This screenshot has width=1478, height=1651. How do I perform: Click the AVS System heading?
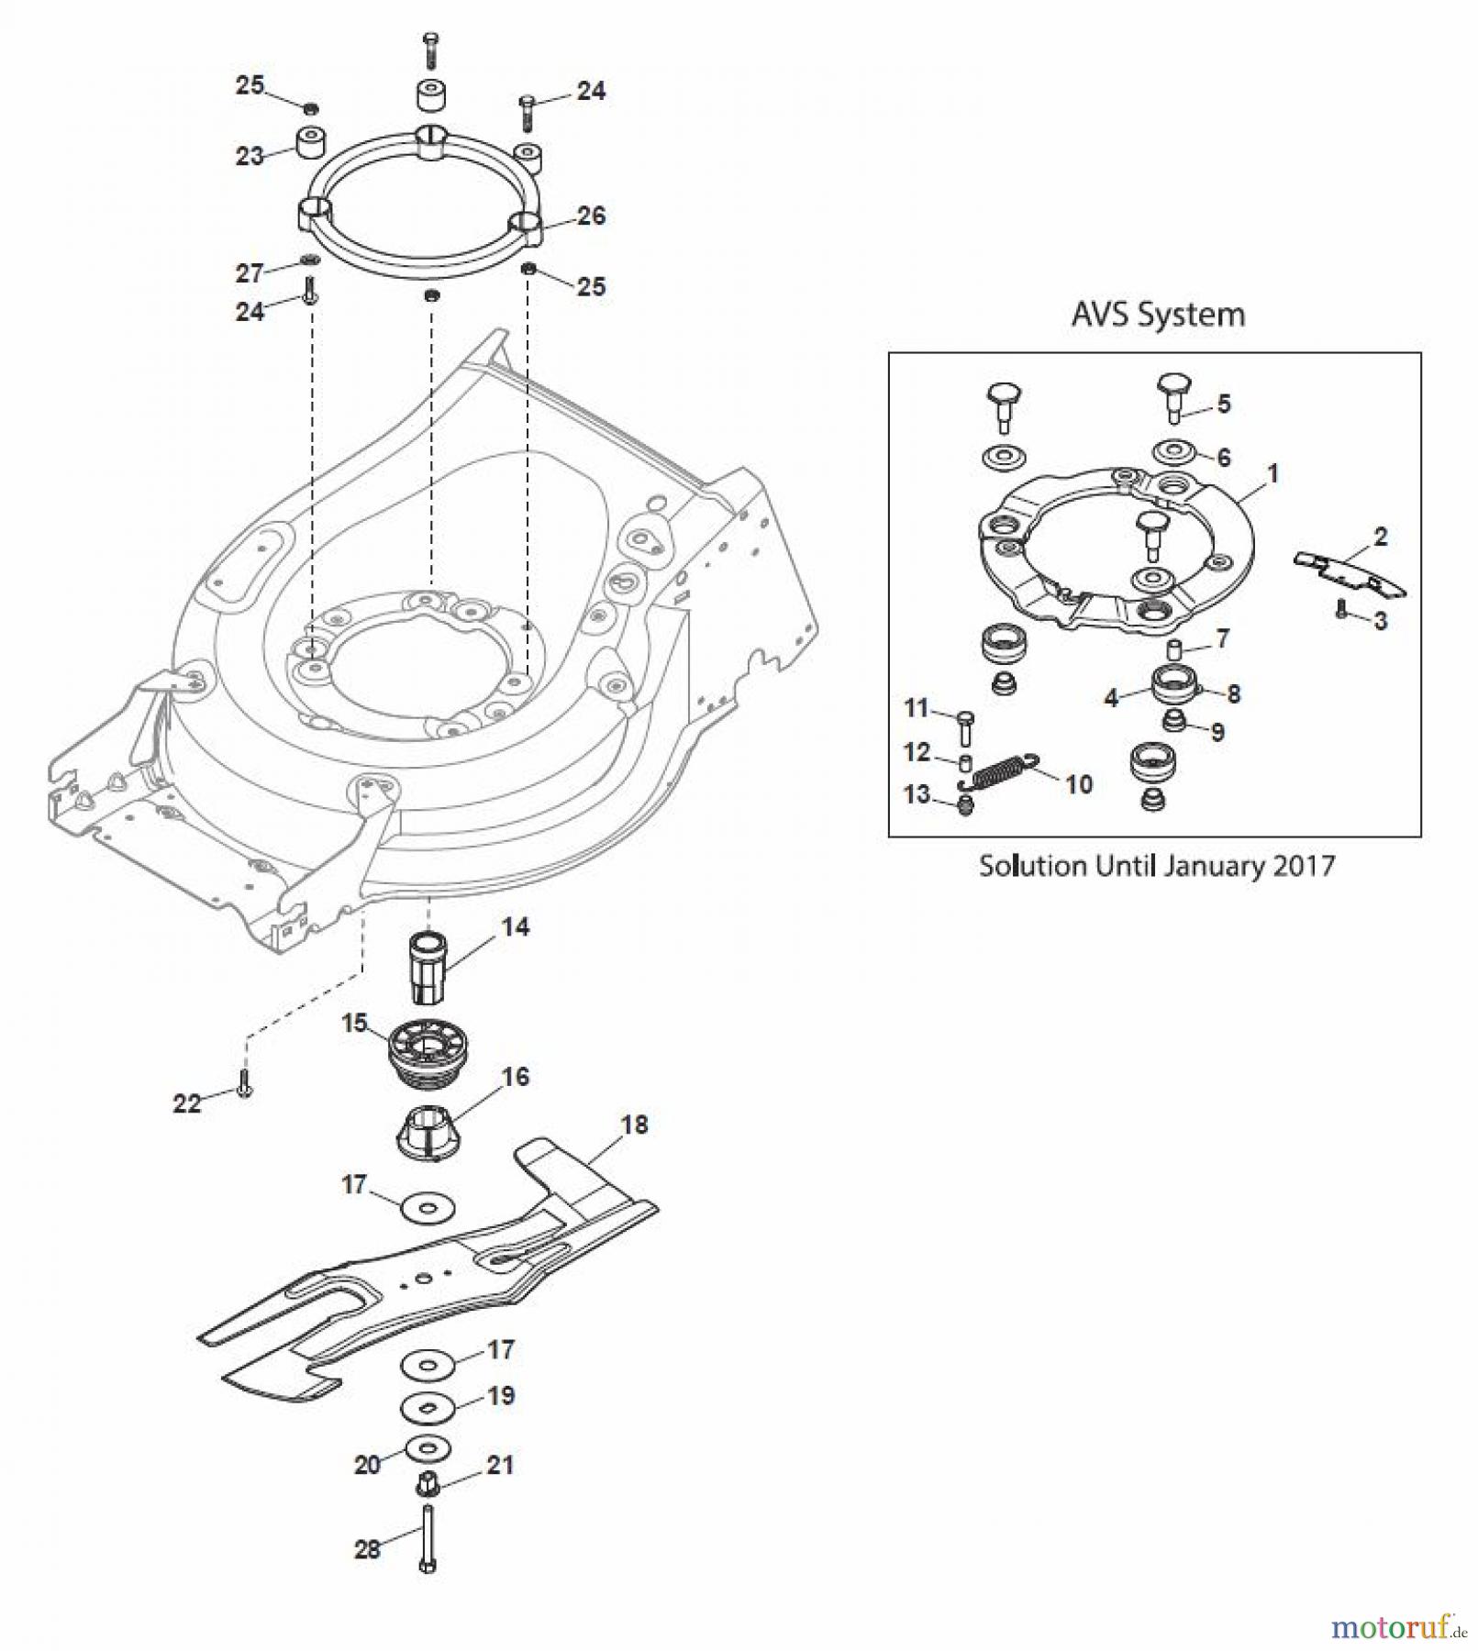click(1158, 315)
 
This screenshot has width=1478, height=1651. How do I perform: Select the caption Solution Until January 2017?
click(1156, 866)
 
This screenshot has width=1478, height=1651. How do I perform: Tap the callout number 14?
click(516, 927)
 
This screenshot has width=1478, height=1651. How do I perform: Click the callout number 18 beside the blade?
click(634, 1125)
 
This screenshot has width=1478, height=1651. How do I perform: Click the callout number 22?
click(186, 1103)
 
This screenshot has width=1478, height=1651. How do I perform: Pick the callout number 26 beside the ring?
click(591, 216)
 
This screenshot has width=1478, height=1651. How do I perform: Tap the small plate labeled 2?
click(1349, 571)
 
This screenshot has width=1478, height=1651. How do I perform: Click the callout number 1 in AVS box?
click(1272, 473)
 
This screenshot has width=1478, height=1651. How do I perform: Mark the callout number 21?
click(499, 1466)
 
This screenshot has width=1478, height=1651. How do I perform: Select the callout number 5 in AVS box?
click(1224, 404)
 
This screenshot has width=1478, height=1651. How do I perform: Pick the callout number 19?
click(500, 1396)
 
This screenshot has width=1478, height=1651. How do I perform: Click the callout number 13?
click(917, 794)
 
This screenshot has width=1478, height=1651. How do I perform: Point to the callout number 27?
click(250, 272)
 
